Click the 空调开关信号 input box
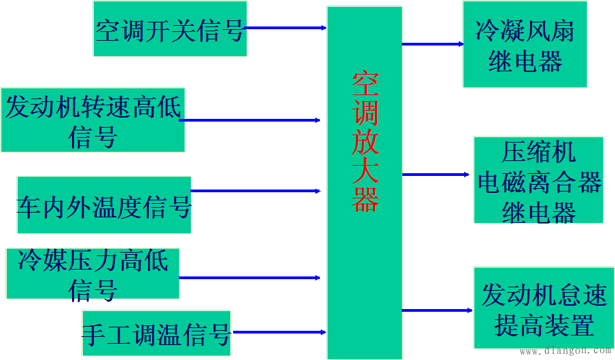(169, 29)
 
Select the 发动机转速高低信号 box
(92, 119)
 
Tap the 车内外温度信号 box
(103, 205)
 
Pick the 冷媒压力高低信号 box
(92, 273)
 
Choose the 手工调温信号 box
(156, 333)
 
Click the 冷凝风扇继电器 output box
(525, 44)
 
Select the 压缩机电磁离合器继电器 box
(539, 180)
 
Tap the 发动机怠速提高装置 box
(544, 310)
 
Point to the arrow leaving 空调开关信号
(285, 28)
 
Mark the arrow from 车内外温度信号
(256, 191)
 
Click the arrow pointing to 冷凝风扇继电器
(432, 43)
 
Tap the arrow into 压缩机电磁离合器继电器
(435, 175)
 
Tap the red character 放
(365, 142)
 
